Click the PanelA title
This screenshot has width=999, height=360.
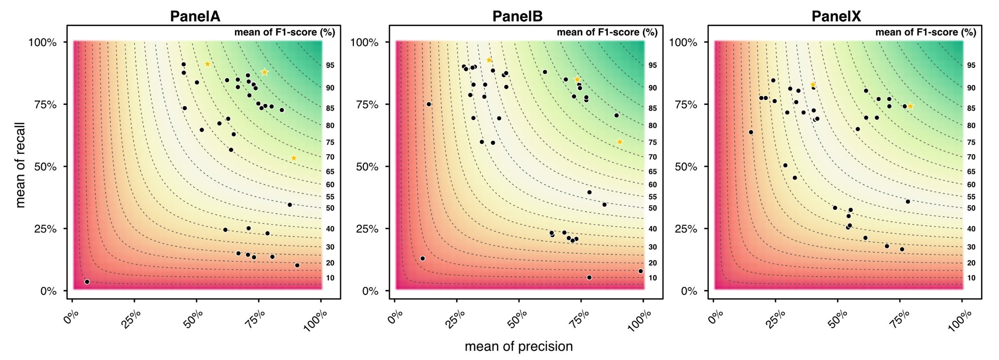click(195, 16)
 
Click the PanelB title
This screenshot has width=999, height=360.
click(517, 16)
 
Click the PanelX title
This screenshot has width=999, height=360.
click(836, 16)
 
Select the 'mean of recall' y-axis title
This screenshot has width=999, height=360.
click(20, 165)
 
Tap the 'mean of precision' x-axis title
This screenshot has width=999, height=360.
click(519, 346)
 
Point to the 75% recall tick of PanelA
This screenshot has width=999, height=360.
click(45, 105)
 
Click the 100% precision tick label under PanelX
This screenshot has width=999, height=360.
click(960, 321)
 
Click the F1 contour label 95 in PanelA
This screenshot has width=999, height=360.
click(330, 65)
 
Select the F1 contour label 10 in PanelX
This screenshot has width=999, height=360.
click(971, 278)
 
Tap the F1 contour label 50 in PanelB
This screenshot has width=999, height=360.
click(652, 208)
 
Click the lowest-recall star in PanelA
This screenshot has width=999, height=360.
click(293, 158)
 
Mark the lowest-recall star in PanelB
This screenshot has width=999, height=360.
click(620, 142)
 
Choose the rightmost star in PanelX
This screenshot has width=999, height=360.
click(910, 106)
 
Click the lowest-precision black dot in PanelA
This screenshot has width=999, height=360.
click(87, 282)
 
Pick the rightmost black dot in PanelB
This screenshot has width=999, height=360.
click(640, 271)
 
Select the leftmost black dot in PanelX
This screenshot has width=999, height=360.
click(751, 132)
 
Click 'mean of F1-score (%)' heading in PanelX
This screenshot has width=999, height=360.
click(925, 32)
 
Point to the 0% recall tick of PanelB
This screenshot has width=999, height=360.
click(370, 291)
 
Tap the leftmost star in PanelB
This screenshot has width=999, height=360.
click(489, 60)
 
